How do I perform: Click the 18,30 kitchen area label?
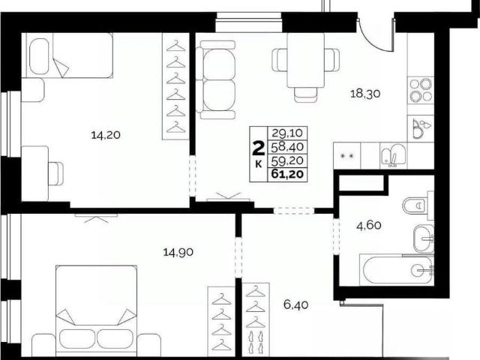(365, 93)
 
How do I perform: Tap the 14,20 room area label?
(106, 135)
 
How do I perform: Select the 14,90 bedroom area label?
(178, 253)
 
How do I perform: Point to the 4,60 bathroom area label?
(369, 226)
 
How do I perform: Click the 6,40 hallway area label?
(295, 305)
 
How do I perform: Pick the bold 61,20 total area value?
(287, 174)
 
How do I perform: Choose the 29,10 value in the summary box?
(287, 133)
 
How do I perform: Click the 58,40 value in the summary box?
(287, 147)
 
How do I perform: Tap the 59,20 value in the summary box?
(287, 160)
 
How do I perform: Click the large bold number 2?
(258, 148)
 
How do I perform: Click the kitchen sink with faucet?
(393, 155)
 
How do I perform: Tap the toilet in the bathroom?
(418, 205)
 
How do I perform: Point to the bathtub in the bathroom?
(397, 270)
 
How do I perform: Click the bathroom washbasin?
(423, 238)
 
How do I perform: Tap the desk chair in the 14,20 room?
(56, 173)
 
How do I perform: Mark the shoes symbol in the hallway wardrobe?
(255, 342)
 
